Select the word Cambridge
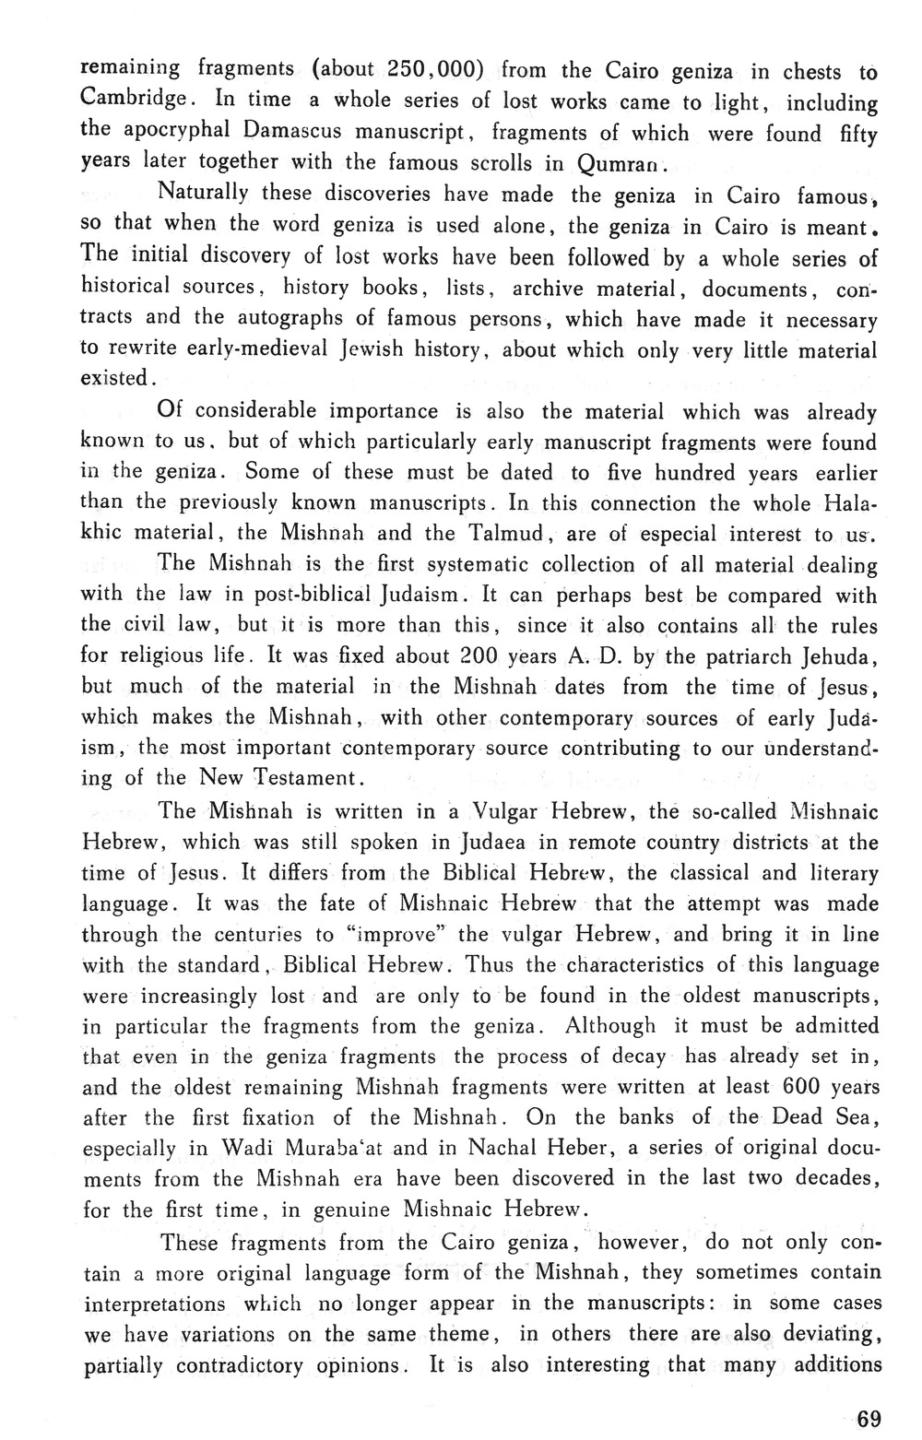[134, 99]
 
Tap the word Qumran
[619, 164]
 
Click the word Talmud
[506, 533]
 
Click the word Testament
[303, 777]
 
